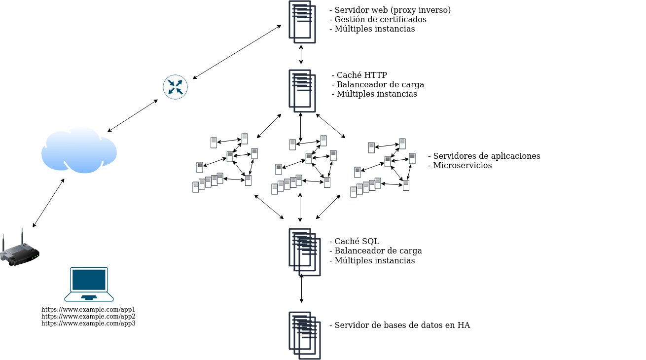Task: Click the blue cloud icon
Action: (x=79, y=150)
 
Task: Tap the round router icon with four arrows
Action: (x=175, y=87)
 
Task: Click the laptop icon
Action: (x=89, y=284)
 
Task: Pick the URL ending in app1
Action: (x=88, y=310)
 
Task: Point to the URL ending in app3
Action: (x=88, y=324)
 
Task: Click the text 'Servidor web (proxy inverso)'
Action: (x=393, y=10)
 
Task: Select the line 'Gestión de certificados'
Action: (x=380, y=19)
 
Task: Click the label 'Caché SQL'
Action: (x=357, y=241)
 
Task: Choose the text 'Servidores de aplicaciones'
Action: (x=486, y=156)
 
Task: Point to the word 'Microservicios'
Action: (x=462, y=165)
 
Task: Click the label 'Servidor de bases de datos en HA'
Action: (x=402, y=325)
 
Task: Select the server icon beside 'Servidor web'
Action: (x=302, y=22)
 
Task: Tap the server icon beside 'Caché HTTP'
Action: (x=302, y=91)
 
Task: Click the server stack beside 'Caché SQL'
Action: (x=304, y=252)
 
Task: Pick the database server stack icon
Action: (x=304, y=335)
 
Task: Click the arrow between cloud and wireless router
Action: (x=48, y=203)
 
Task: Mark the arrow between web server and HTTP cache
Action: (x=301, y=54)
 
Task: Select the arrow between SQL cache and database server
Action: (x=301, y=289)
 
